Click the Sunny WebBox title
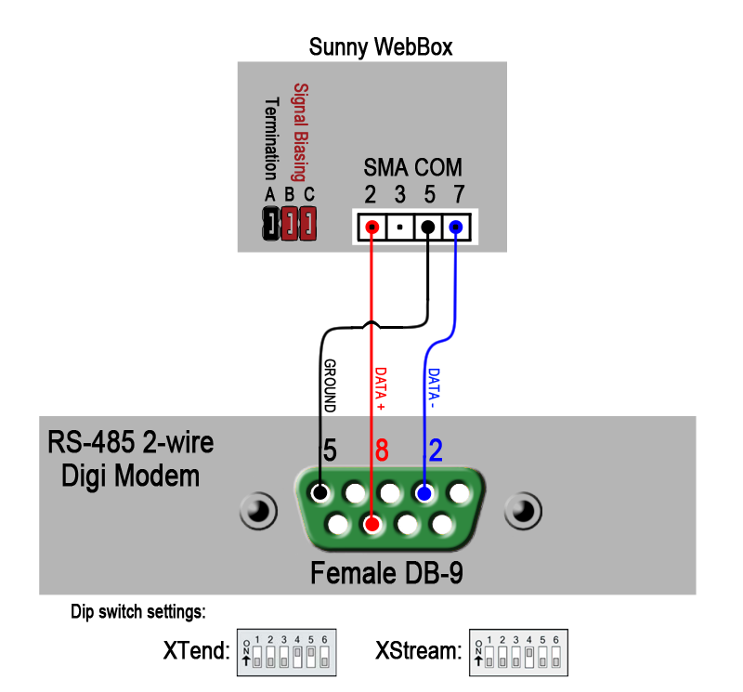tap(381, 46)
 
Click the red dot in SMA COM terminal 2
tap(371, 227)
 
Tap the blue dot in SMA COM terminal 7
tap(456, 227)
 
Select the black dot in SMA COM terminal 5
tap(427, 227)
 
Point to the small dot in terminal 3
tap(399, 227)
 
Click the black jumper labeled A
tap(269, 223)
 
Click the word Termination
tap(271, 138)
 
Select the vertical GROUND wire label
tap(329, 385)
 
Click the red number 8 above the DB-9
tap(381, 451)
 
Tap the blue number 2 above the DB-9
tap(436, 451)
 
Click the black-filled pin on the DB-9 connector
tap(320, 492)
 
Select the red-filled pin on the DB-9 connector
tap(372, 525)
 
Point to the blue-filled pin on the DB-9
tap(424, 492)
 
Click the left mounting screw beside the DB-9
tap(256, 510)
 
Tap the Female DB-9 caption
tap(386, 573)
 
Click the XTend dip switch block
tap(287, 653)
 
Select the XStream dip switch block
tap(518, 653)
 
